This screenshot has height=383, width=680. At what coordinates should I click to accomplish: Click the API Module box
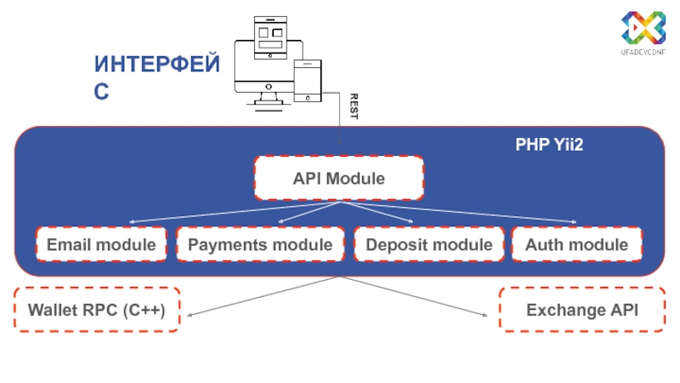coord(339,179)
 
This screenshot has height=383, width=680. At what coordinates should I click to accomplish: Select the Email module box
coord(101,245)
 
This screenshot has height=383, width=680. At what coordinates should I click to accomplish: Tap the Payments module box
coord(260,245)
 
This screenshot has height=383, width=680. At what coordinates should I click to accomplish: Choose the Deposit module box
coord(428,245)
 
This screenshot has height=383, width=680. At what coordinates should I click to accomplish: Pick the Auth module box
coord(576,245)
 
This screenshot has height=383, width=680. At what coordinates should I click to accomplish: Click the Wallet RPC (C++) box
coord(97,310)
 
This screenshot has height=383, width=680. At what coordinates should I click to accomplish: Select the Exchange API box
coord(582,310)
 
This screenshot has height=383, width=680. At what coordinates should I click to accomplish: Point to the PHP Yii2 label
coord(549,146)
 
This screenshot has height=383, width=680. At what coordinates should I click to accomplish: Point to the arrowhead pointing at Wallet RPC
coord(190,316)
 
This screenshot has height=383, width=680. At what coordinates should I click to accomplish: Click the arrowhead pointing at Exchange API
coord(486,316)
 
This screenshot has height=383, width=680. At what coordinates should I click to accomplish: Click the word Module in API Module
coord(357,179)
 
